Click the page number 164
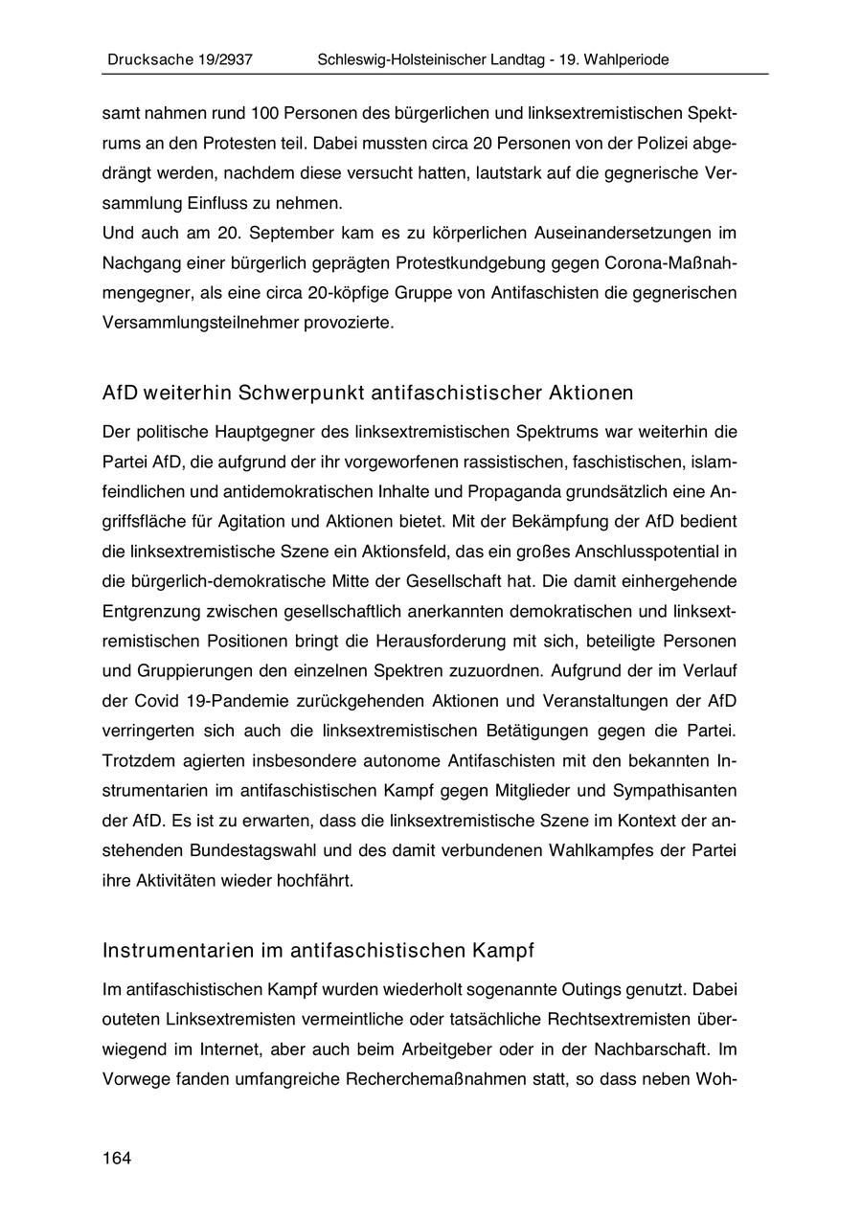pyautogui.click(x=117, y=1159)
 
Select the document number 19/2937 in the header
pyautogui.click(x=220, y=59)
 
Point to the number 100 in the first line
pyautogui.click(x=264, y=113)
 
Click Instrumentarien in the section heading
pyautogui.click(x=177, y=951)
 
